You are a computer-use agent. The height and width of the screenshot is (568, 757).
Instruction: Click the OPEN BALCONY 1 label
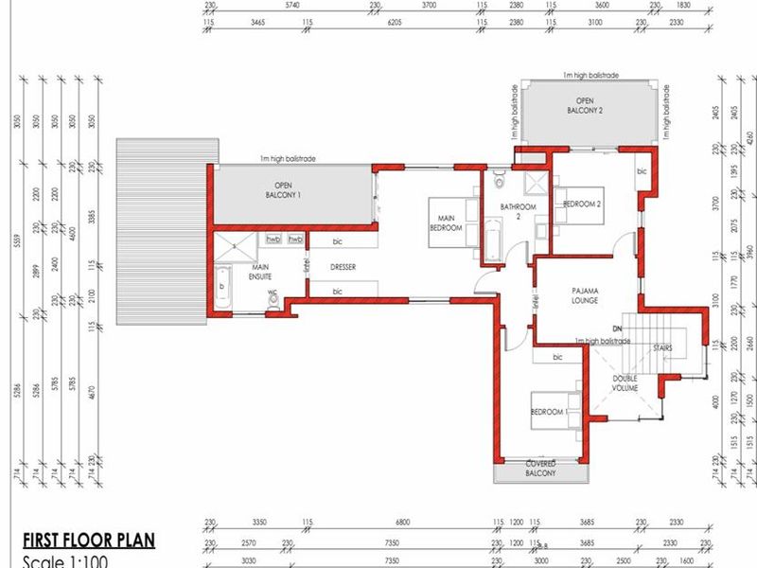point(287,189)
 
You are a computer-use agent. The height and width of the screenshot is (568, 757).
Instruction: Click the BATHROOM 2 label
point(518,211)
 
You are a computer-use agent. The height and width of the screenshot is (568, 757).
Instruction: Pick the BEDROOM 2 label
point(583,203)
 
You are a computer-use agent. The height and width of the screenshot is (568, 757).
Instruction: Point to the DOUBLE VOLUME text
point(624,383)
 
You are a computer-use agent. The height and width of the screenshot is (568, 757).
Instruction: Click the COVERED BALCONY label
point(540,468)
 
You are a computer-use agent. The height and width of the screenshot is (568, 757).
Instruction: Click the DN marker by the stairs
point(617,328)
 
